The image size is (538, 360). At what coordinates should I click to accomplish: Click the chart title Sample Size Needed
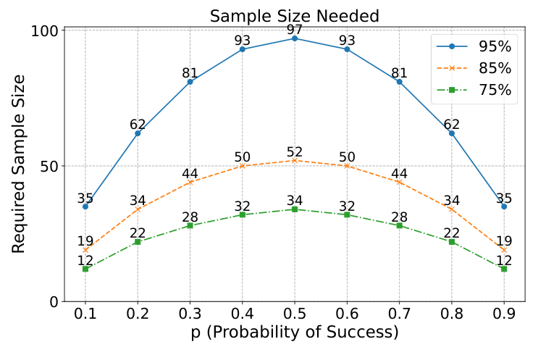point(294,15)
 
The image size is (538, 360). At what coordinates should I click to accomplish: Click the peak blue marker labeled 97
point(295,38)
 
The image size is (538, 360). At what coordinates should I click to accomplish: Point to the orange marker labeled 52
point(295,160)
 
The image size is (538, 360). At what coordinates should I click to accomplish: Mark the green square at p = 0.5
point(295,209)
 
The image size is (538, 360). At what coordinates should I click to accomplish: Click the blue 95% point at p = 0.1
point(85,206)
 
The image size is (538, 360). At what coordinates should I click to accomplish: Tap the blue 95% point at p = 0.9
point(504,206)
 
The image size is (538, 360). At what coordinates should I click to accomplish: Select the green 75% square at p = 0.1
point(85,269)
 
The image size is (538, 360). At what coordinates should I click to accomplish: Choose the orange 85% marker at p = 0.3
point(190,182)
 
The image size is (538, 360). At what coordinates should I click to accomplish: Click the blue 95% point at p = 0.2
point(138,133)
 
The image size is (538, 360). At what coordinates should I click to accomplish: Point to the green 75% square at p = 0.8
point(452,241)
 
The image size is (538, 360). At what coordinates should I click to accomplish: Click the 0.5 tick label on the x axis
point(295,316)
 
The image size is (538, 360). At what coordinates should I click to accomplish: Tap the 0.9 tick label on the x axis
point(504,316)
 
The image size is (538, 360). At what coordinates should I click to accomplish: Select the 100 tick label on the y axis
point(45,31)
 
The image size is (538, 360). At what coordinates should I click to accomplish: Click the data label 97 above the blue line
point(295,29)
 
